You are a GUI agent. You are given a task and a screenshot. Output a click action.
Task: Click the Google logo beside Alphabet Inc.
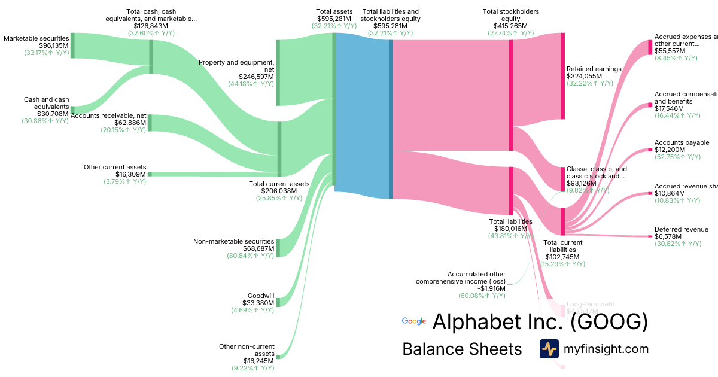click(x=414, y=321)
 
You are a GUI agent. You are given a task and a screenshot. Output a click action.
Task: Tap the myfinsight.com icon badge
click(x=549, y=349)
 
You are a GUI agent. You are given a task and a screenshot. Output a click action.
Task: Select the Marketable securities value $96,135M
click(x=54, y=45)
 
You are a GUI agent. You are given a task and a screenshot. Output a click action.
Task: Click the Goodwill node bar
click(x=278, y=302)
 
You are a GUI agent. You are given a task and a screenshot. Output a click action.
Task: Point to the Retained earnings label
click(x=594, y=69)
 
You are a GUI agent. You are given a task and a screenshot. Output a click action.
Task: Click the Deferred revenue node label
click(x=681, y=229)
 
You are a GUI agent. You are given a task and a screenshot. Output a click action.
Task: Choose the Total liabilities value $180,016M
click(x=510, y=229)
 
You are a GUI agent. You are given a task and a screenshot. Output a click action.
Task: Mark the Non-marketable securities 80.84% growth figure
click(x=250, y=256)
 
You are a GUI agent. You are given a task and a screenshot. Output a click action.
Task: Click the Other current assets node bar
click(x=150, y=174)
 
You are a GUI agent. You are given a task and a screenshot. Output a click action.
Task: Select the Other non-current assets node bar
click(x=278, y=357)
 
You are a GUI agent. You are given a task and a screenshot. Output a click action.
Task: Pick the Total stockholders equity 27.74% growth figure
click(x=510, y=34)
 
